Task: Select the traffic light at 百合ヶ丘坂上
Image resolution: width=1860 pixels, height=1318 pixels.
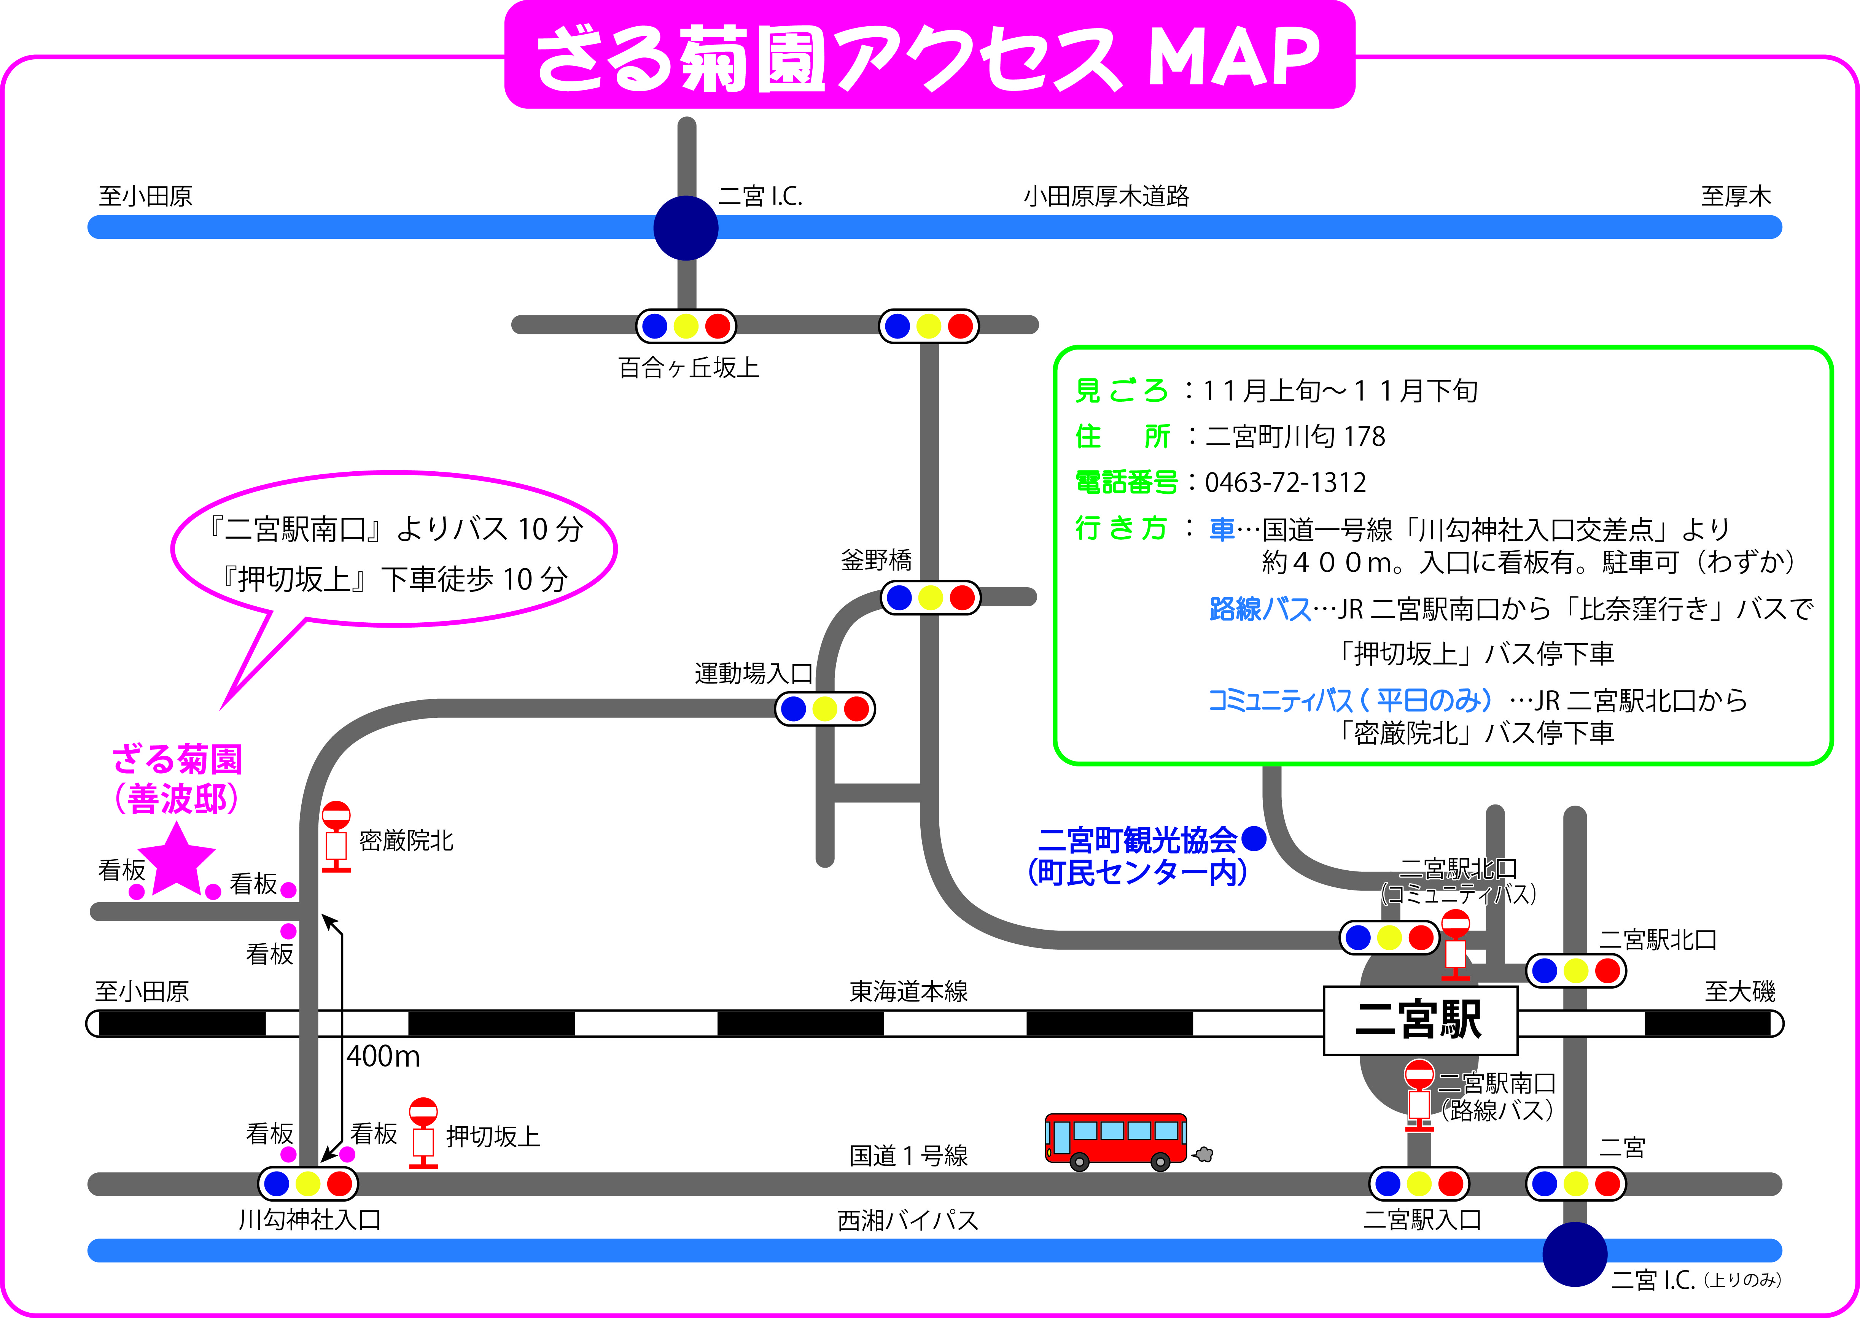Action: coord(686,326)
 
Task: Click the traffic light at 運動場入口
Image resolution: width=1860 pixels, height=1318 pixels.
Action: coord(824,709)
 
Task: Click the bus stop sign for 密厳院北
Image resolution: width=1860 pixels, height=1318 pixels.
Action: coord(336,836)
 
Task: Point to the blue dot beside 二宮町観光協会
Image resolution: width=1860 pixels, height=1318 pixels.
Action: coord(1254,838)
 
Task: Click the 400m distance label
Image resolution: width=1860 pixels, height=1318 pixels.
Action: coord(383,1056)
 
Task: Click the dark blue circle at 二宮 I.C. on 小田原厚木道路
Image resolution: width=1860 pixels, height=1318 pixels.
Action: coord(686,228)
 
